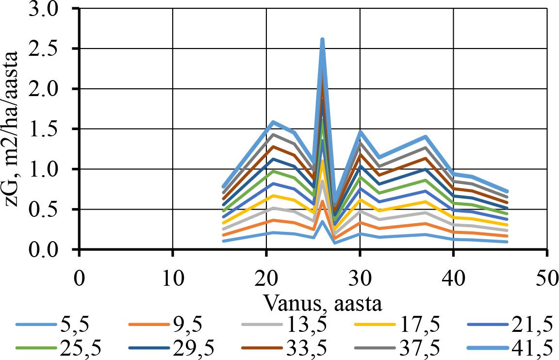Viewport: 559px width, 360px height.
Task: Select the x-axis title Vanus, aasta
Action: pyautogui.click(x=323, y=303)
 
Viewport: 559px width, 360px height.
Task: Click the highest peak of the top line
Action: pyautogui.click(x=322, y=40)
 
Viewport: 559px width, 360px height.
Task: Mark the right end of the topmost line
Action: pyautogui.click(x=507, y=192)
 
